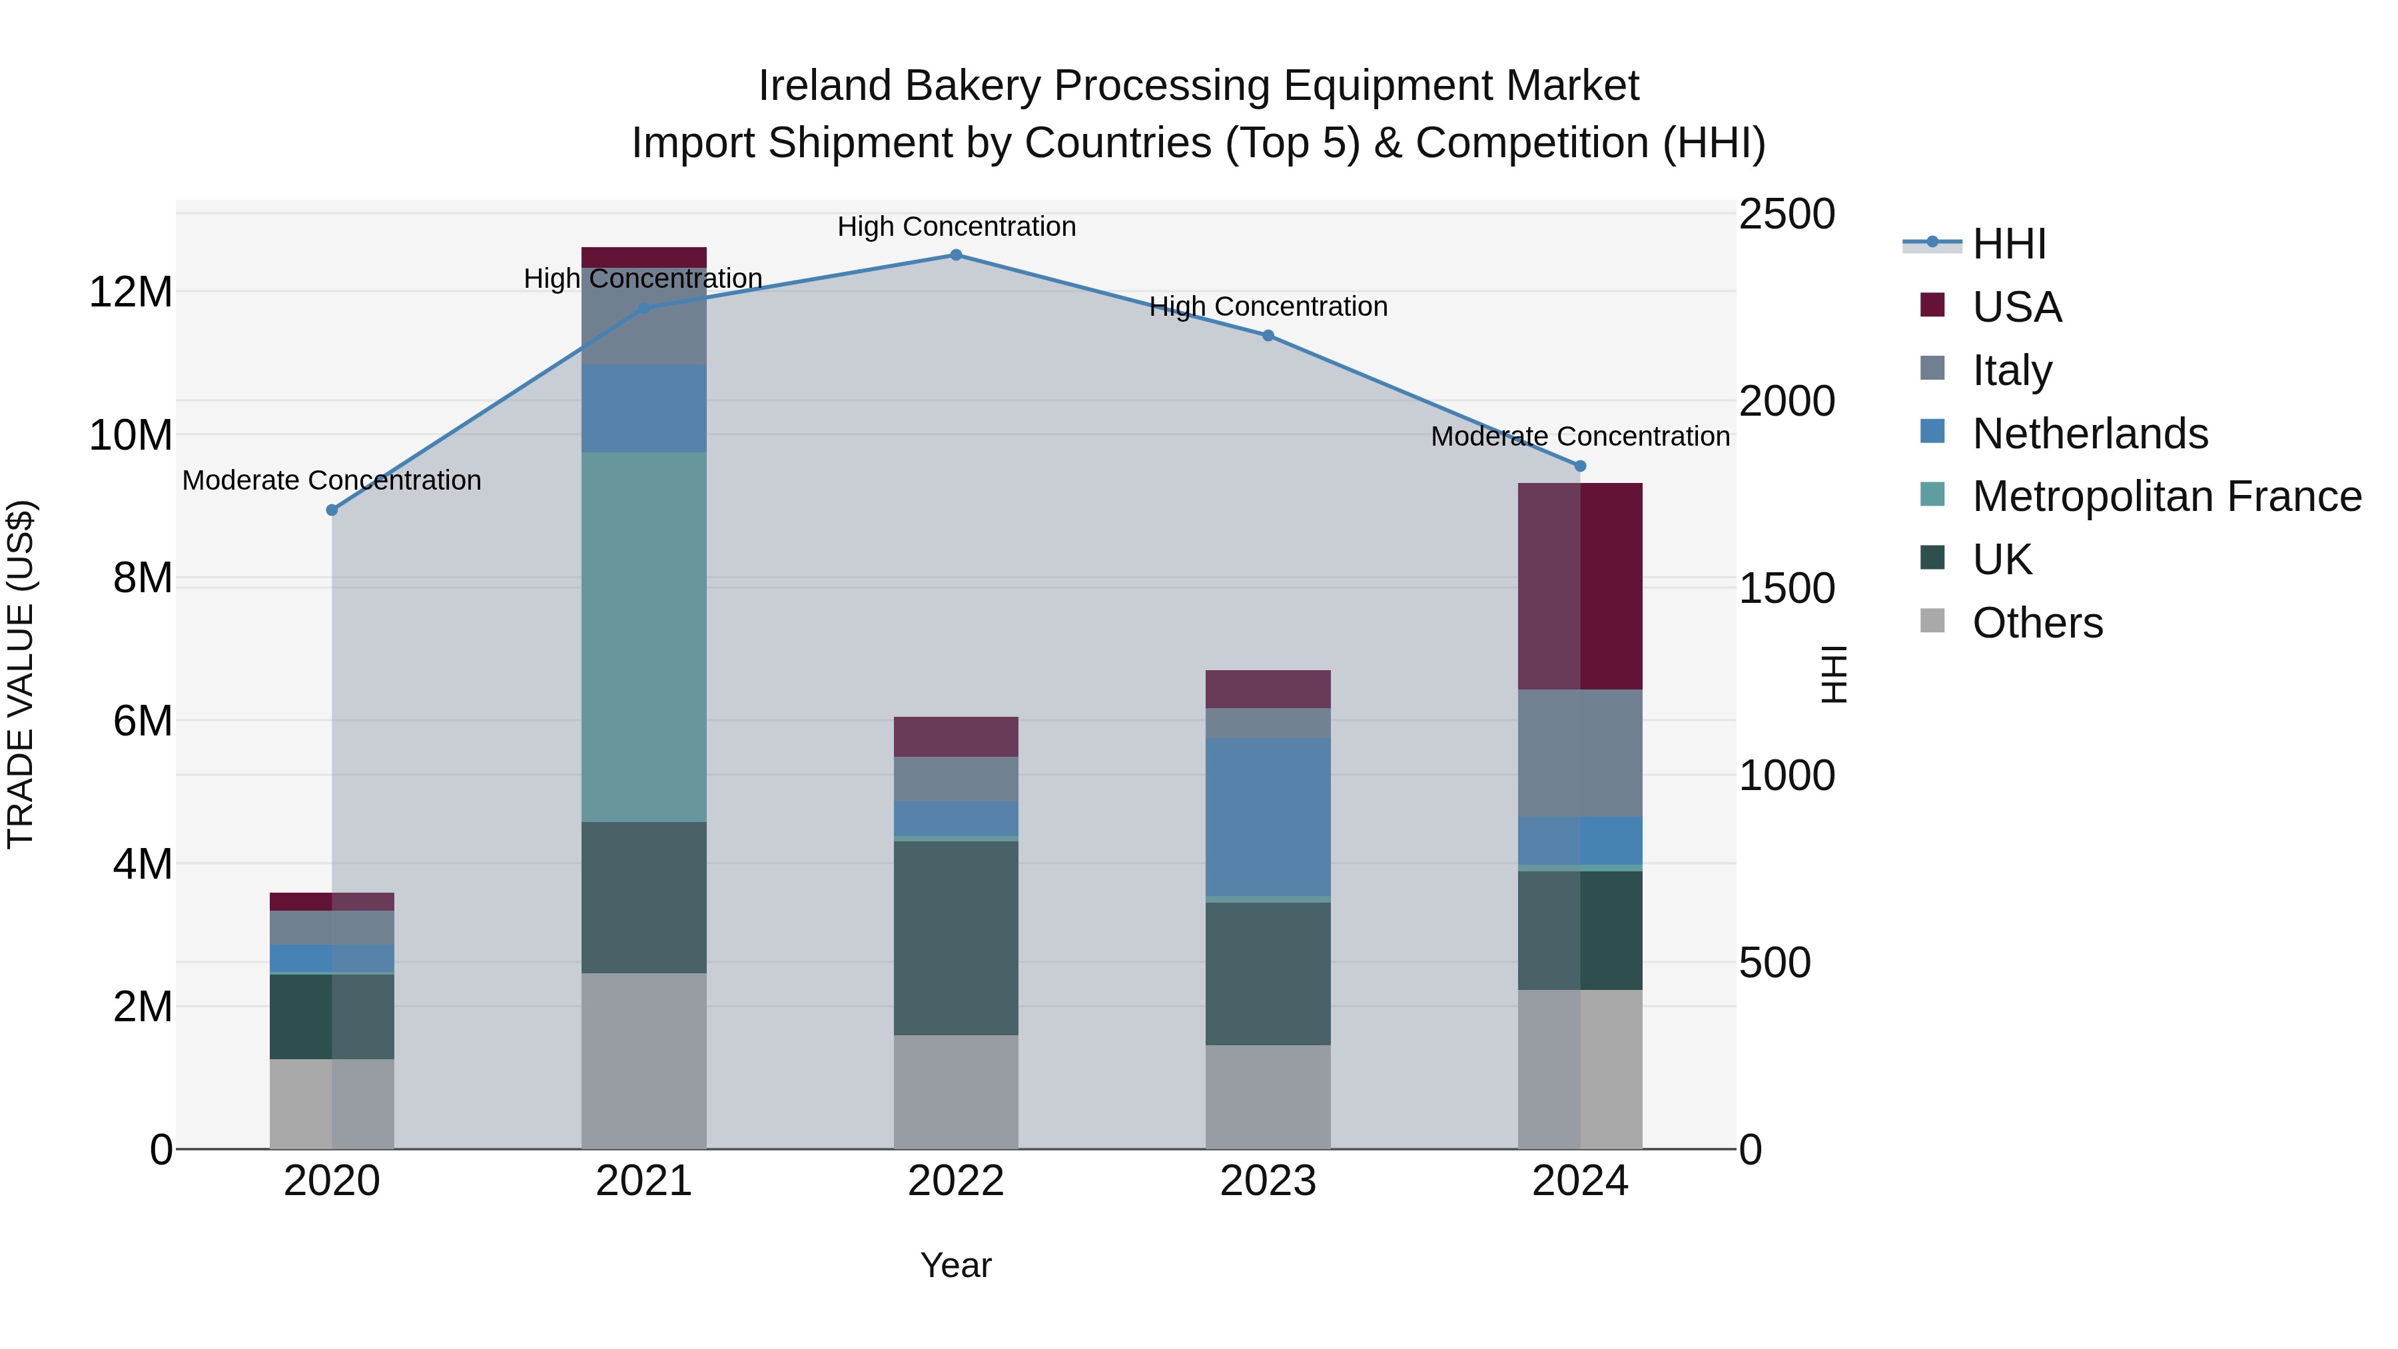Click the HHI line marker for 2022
(955, 255)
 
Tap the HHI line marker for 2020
(332, 510)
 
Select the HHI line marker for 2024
(1580, 466)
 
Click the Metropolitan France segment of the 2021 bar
(643, 637)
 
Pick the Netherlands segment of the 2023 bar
(1268, 817)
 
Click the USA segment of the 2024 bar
(1580, 586)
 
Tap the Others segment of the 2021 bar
(643, 1061)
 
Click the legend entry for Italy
(2011, 370)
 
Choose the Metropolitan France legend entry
(2166, 496)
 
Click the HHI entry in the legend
(2008, 244)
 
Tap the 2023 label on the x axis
(1268, 1181)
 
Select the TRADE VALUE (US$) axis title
(21, 674)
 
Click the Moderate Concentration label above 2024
(1580, 436)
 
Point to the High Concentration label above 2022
(956, 226)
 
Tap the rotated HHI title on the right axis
(1832, 674)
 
